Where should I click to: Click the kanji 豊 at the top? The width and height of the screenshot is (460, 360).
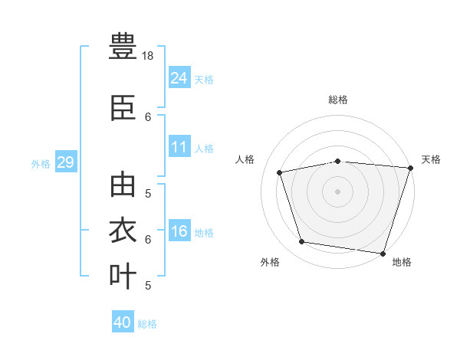[123, 46]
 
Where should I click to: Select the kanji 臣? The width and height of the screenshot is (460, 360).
[123, 108]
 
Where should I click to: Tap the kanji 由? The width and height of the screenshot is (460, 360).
[123, 185]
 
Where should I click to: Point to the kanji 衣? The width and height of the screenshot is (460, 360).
[123, 230]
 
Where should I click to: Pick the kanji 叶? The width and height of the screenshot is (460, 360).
[123, 276]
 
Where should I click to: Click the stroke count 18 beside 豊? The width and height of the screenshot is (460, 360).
[147, 56]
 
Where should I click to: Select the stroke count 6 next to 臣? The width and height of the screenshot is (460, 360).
[148, 117]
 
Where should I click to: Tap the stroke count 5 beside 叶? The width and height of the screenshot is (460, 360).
[148, 286]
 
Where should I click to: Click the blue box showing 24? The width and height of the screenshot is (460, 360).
[179, 77]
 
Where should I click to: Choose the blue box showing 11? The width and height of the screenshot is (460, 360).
[179, 146]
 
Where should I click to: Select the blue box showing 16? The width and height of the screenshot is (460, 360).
[179, 230]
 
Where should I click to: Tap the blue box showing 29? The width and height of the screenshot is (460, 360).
[66, 162]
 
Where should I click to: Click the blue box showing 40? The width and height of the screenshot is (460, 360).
[123, 321]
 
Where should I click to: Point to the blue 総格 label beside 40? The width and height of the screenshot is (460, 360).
[147, 324]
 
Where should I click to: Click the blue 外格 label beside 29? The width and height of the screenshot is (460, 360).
[41, 164]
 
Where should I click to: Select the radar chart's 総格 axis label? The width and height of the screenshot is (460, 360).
[338, 100]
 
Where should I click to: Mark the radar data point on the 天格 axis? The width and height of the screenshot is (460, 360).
[411, 168]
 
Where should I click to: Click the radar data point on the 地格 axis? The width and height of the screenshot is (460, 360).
[383, 254]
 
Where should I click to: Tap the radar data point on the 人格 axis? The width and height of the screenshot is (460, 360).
[279, 172]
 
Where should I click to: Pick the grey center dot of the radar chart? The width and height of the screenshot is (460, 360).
[337, 191]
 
